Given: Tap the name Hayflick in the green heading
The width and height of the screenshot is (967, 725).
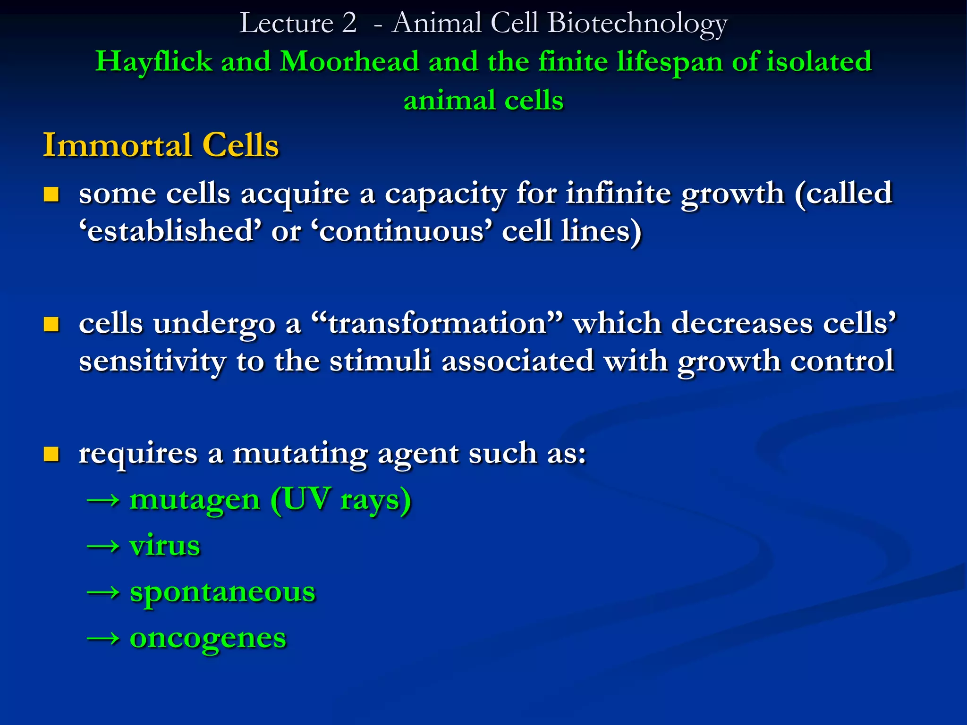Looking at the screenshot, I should [x=153, y=62].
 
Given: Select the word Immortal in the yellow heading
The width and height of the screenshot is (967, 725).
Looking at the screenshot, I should [x=118, y=145].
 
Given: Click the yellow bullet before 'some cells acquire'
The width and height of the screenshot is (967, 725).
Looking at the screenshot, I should [x=51, y=194].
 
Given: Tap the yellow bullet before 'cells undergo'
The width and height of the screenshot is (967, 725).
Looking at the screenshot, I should [x=51, y=324].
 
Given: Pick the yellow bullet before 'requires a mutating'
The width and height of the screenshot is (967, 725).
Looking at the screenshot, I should [x=51, y=454].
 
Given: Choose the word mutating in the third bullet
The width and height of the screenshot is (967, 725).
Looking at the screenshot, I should [x=300, y=454].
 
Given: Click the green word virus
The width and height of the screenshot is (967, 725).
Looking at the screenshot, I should [x=165, y=546].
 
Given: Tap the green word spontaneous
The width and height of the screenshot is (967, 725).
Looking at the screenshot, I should [x=222, y=593].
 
